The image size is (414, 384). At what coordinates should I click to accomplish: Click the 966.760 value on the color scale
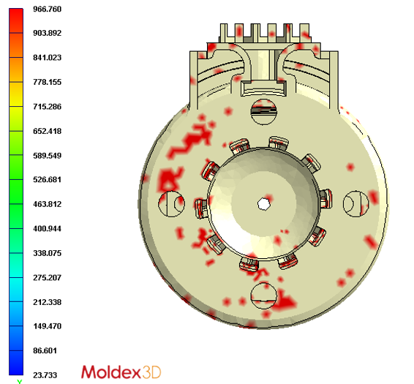pyautogui.click(x=48, y=9)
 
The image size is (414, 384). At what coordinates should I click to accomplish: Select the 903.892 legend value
pyautogui.click(x=48, y=33)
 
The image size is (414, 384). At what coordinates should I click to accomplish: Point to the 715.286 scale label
pyautogui.click(x=48, y=107)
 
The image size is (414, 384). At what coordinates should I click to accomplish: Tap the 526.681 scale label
pyautogui.click(x=48, y=180)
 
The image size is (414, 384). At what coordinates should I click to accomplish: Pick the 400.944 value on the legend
pyautogui.click(x=48, y=228)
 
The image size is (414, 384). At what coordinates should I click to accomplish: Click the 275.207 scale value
pyautogui.click(x=48, y=277)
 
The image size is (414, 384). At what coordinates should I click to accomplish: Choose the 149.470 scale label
pyautogui.click(x=48, y=326)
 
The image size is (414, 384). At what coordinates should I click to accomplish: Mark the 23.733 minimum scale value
pyautogui.click(x=45, y=375)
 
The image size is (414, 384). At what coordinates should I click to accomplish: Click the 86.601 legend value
pyautogui.click(x=45, y=351)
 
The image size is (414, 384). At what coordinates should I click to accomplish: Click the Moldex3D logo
pyautogui.click(x=121, y=372)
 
